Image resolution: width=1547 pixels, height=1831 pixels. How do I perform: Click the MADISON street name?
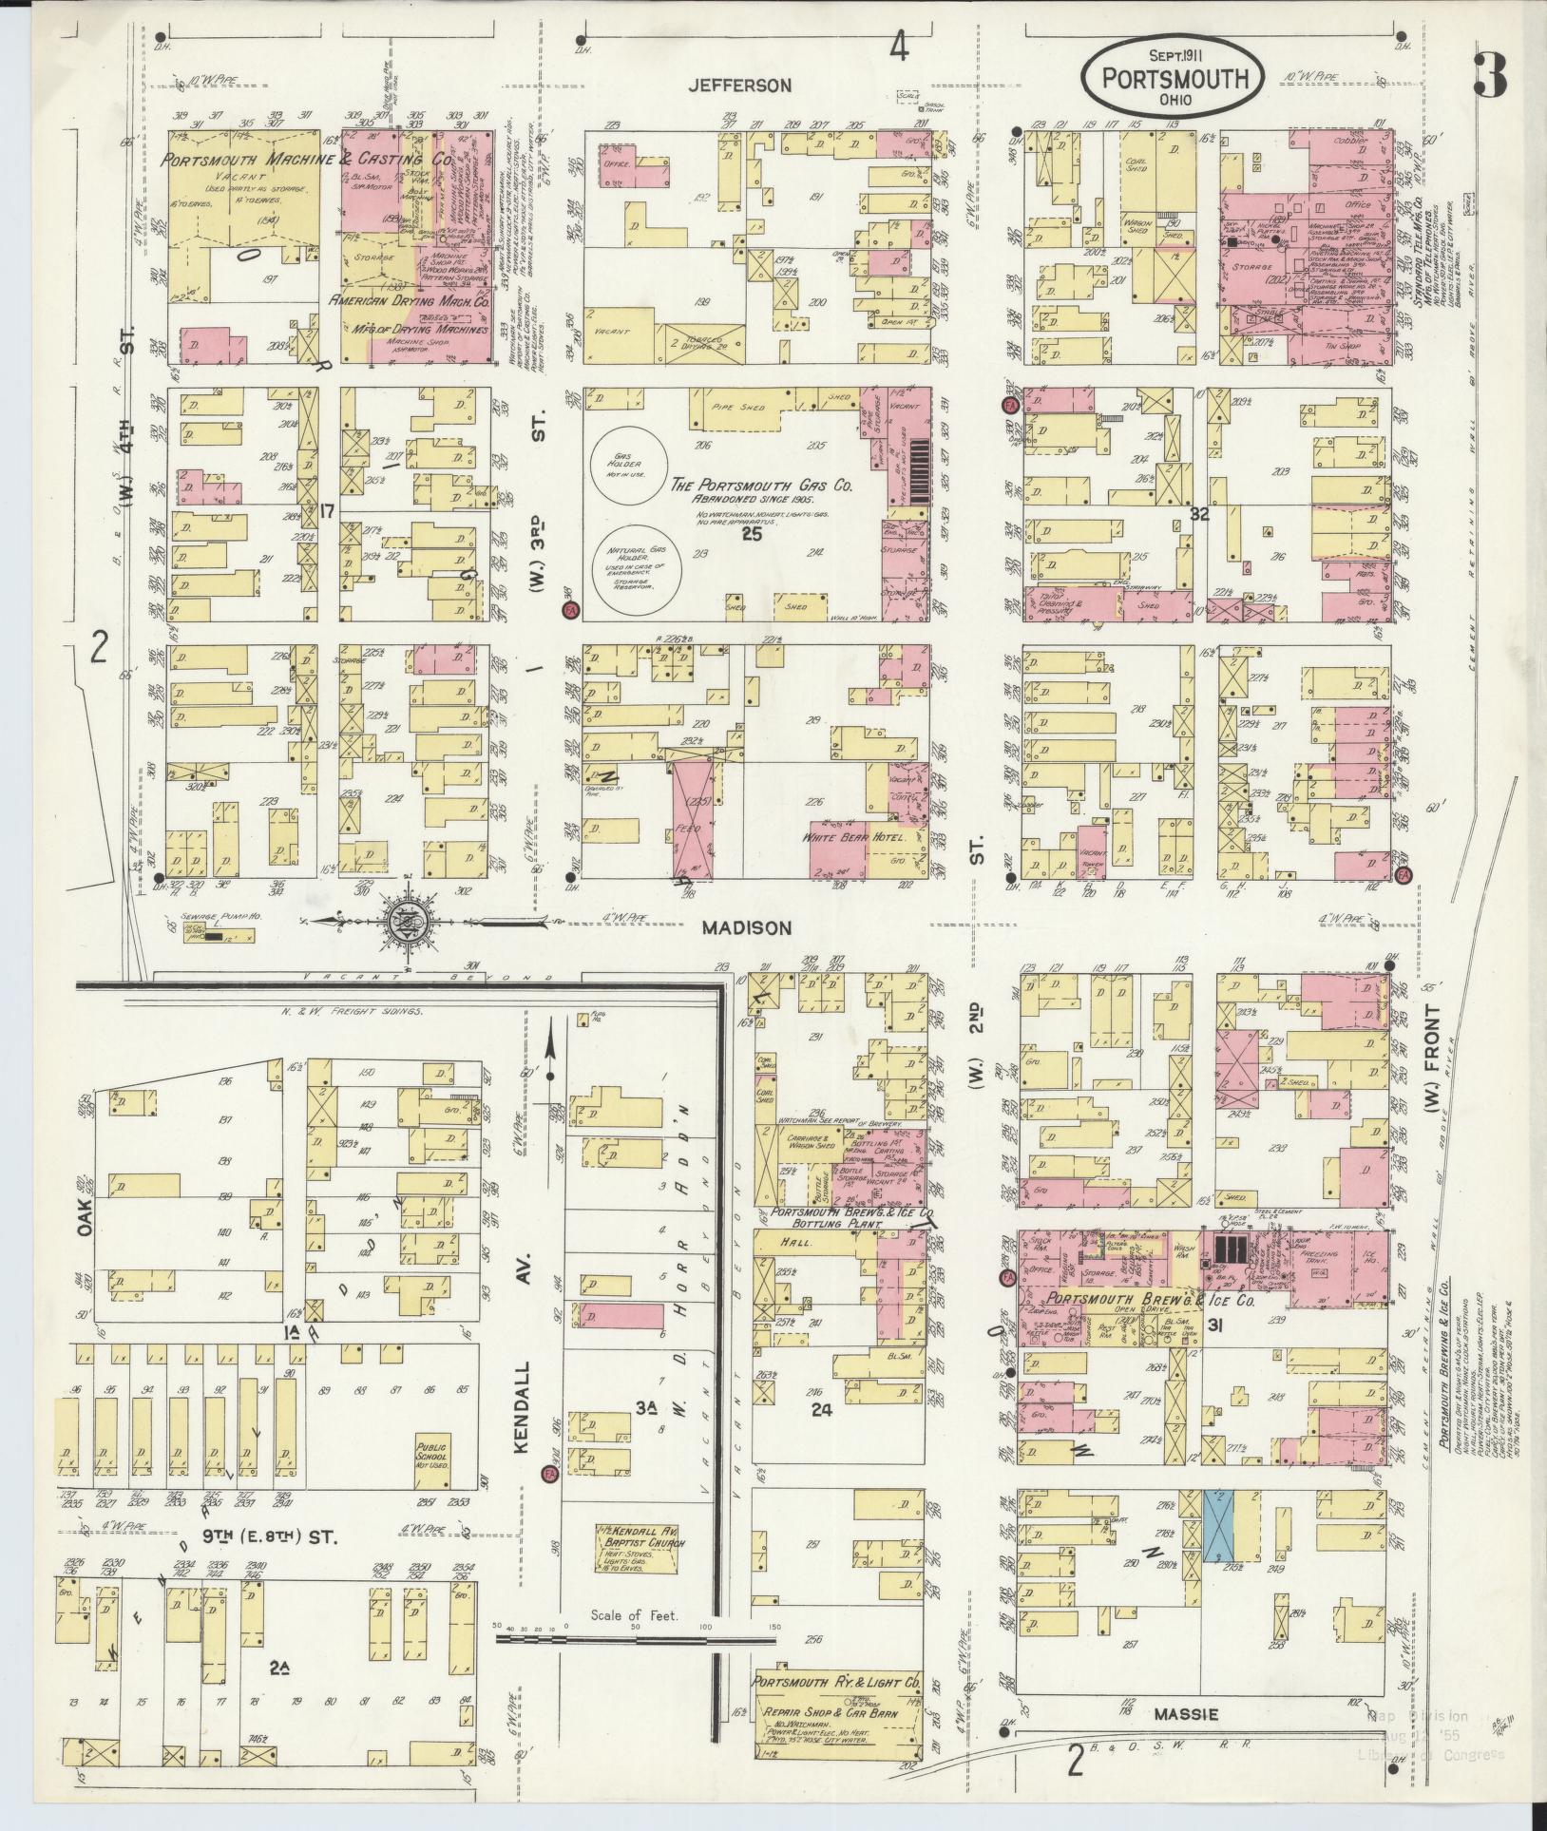(x=746, y=928)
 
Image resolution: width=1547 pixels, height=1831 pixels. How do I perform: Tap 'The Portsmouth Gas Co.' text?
(x=761, y=485)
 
